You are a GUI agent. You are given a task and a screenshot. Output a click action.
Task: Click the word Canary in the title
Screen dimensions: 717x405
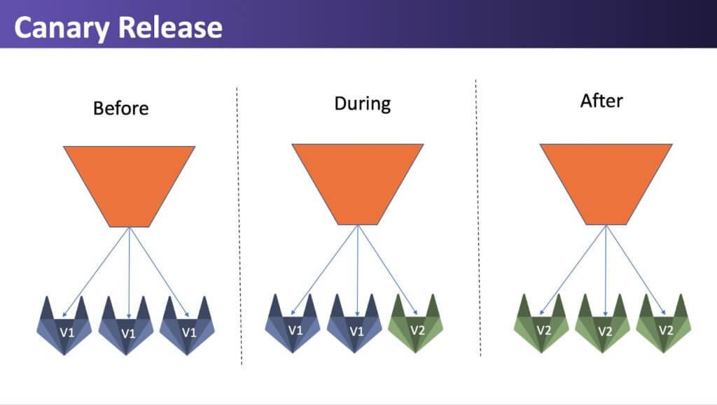(x=62, y=28)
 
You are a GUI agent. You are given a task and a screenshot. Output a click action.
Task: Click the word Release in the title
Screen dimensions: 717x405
(x=170, y=27)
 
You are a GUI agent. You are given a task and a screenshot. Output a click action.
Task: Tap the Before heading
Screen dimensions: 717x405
(x=120, y=108)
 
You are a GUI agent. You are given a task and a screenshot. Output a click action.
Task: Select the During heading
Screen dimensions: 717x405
(x=363, y=104)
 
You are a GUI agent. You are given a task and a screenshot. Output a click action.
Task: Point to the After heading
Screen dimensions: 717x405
(x=601, y=101)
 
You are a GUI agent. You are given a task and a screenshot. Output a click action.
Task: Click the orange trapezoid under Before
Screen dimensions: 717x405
(x=130, y=186)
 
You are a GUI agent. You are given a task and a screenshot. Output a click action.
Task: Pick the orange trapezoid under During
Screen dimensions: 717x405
(x=358, y=184)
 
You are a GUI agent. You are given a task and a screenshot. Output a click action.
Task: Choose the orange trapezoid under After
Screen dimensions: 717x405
(x=606, y=184)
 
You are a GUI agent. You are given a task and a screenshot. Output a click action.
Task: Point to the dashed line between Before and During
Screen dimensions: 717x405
(x=239, y=226)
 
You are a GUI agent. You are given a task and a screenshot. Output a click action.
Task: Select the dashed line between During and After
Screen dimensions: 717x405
(x=478, y=218)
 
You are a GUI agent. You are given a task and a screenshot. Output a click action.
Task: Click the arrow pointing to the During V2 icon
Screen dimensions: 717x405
(x=388, y=270)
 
